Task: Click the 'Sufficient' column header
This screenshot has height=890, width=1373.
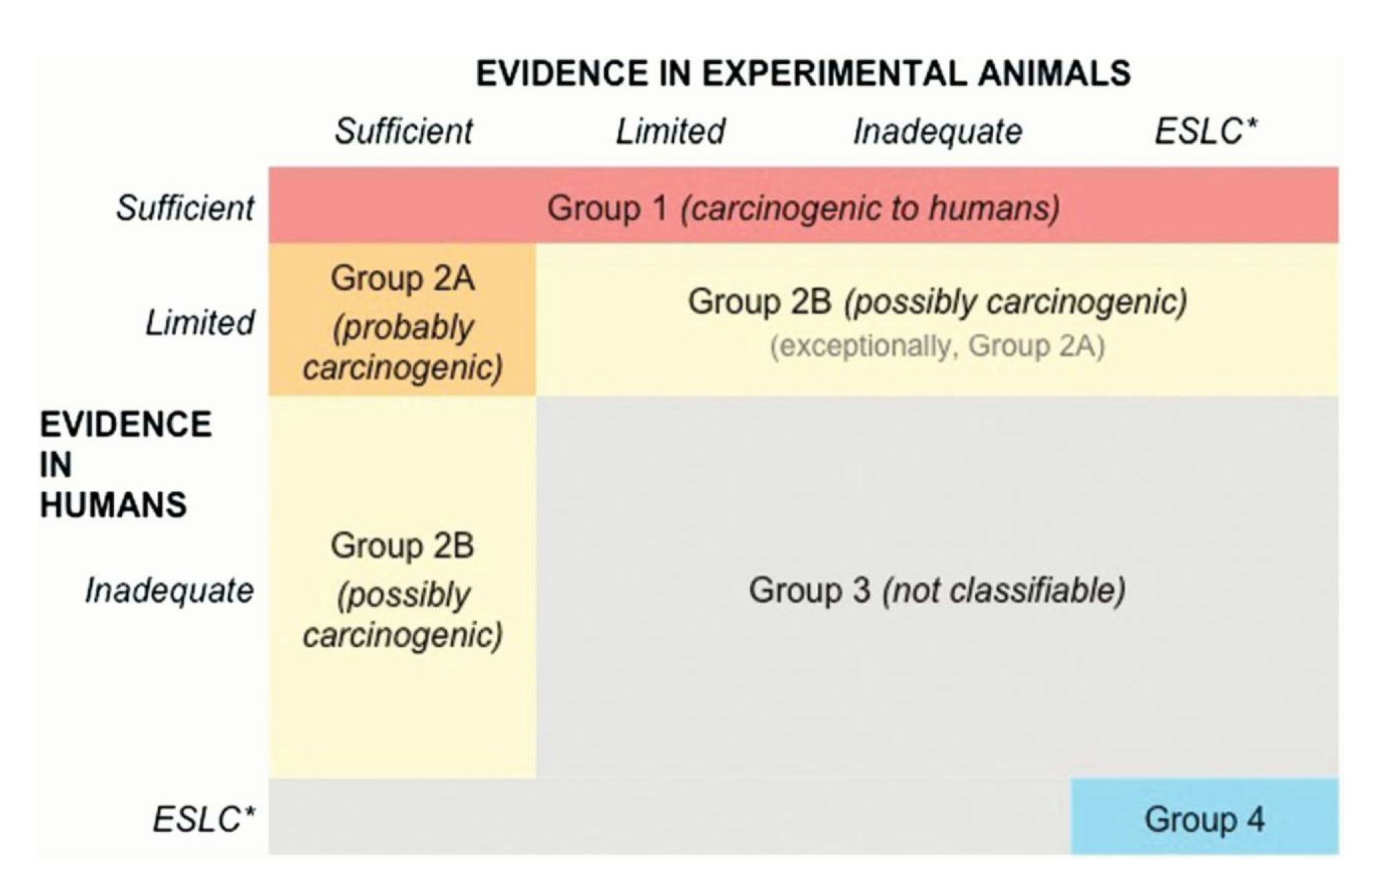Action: point(403,131)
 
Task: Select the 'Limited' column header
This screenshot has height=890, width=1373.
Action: point(670,131)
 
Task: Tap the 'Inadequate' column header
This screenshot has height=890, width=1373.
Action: point(937,131)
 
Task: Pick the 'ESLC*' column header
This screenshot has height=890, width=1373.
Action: point(1205,131)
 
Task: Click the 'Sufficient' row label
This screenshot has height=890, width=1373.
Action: point(186,208)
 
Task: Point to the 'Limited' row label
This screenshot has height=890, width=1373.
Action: point(200,323)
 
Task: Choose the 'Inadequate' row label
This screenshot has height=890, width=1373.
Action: point(170,591)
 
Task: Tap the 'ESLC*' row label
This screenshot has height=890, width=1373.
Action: point(204,818)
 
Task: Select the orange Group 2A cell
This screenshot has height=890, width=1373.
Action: point(402,320)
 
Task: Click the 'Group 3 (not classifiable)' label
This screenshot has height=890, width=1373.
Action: point(937,591)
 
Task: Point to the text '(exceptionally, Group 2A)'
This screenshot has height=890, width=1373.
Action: point(937,346)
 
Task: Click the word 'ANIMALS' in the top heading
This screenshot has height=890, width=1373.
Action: point(1053,73)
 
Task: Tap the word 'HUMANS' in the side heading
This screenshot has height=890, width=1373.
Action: point(113,505)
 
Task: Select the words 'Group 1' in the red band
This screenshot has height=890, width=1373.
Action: point(607,208)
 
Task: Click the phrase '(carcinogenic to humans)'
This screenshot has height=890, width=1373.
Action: point(870,208)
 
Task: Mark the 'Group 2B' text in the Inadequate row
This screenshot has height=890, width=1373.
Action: point(402,545)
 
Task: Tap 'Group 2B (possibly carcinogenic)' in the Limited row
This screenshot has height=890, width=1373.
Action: point(937,301)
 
